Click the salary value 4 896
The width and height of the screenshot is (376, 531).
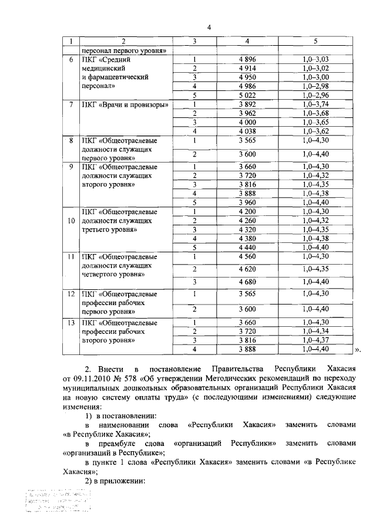(x=247, y=59)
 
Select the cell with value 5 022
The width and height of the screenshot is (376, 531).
(x=247, y=94)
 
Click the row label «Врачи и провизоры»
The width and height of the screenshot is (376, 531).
(x=126, y=105)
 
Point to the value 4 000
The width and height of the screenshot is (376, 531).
(x=247, y=123)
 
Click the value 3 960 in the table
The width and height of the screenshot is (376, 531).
(x=247, y=202)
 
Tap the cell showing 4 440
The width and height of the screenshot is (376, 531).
(x=247, y=247)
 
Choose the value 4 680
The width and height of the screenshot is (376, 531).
(x=247, y=282)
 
